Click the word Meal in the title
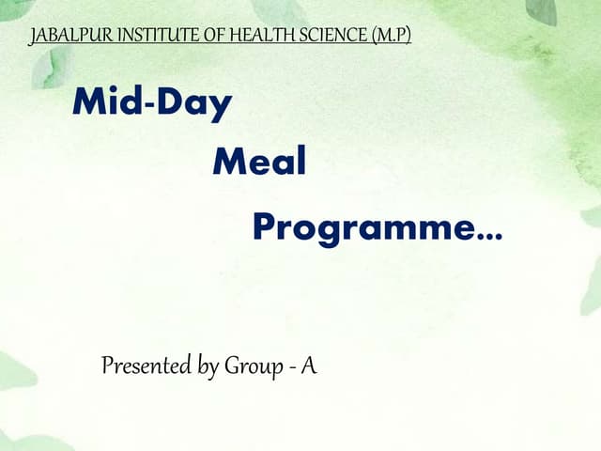coord(259,163)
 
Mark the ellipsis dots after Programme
coord(489,236)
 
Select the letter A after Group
coord(308,365)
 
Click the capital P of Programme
coord(265,225)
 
